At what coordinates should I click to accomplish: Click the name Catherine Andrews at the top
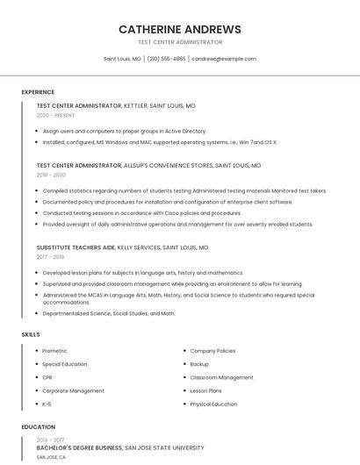click(x=179, y=29)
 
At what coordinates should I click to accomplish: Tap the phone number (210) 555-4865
click(x=166, y=59)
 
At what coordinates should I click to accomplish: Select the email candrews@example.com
click(x=224, y=59)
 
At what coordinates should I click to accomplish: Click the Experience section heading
click(x=38, y=92)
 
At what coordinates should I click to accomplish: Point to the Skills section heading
click(x=31, y=334)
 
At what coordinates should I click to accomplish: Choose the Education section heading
click(x=38, y=427)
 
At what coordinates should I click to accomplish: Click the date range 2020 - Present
click(x=55, y=115)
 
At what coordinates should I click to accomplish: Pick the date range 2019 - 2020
click(x=51, y=175)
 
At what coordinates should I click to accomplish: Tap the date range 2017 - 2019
click(x=50, y=257)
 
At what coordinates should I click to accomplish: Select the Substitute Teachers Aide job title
click(x=76, y=247)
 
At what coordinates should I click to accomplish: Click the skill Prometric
click(x=55, y=351)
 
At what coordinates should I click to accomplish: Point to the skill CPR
click(x=47, y=377)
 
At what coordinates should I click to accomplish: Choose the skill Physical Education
click(x=213, y=404)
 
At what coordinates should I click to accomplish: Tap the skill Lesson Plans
click(x=205, y=390)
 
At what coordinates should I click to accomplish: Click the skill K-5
click(x=47, y=404)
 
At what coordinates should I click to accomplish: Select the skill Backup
click(x=199, y=364)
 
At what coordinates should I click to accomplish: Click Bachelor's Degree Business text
click(x=79, y=447)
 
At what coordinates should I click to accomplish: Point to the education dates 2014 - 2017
click(x=50, y=439)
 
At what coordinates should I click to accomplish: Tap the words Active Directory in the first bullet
click(x=186, y=130)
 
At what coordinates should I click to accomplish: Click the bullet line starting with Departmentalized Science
click(x=109, y=313)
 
